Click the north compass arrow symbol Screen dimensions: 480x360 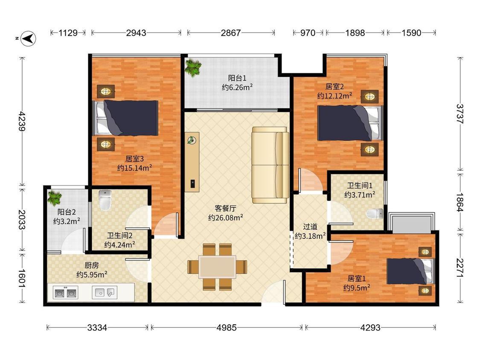coord(28,38)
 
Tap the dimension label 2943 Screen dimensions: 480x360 coord(136,32)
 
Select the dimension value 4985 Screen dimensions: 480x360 coord(227,328)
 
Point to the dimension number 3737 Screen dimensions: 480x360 coord(460,113)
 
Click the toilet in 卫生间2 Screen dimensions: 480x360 coord(105,200)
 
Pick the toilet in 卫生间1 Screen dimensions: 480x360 coord(375,214)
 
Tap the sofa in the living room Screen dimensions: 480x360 coord(271,165)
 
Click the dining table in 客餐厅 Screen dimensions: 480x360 coord(217,267)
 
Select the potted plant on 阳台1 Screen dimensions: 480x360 coord(193,68)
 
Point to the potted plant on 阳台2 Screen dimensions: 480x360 coord(55,198)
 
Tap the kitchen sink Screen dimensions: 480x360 coord(105,292)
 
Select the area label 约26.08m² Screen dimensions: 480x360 coord(226,218)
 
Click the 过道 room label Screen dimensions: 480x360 coord(310,227)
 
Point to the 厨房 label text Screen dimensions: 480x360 coord(92,265)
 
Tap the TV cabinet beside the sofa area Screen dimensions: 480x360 coord(192,162)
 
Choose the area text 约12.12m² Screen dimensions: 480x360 coord(335,96)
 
